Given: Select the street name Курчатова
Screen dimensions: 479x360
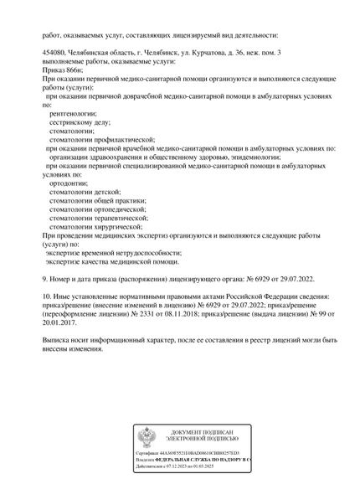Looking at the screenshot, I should [198, 53].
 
